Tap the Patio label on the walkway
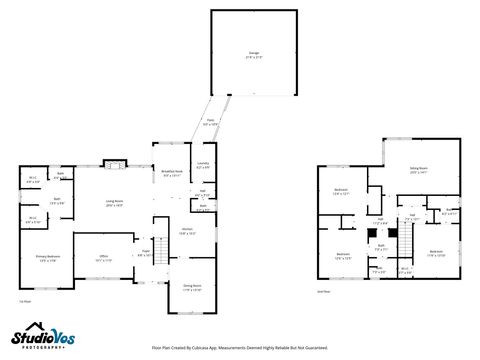click(x=211, y=123)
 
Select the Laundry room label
click(x=203, y=166)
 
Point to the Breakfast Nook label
click(x=171, y=173)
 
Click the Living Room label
click(x=114, y=203)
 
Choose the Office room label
click(x=103, y=258)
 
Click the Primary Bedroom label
click(x=48, y=258)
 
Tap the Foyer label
click(x=145, y=252)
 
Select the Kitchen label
click(x=187, y=232)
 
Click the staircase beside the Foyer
click(x=157, y=257)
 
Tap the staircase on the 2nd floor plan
click(x=393, y=241)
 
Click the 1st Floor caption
click(x=24, y=300)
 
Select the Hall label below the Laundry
click(x=203, y=192)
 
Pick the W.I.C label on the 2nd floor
click(x=404, y=268)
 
